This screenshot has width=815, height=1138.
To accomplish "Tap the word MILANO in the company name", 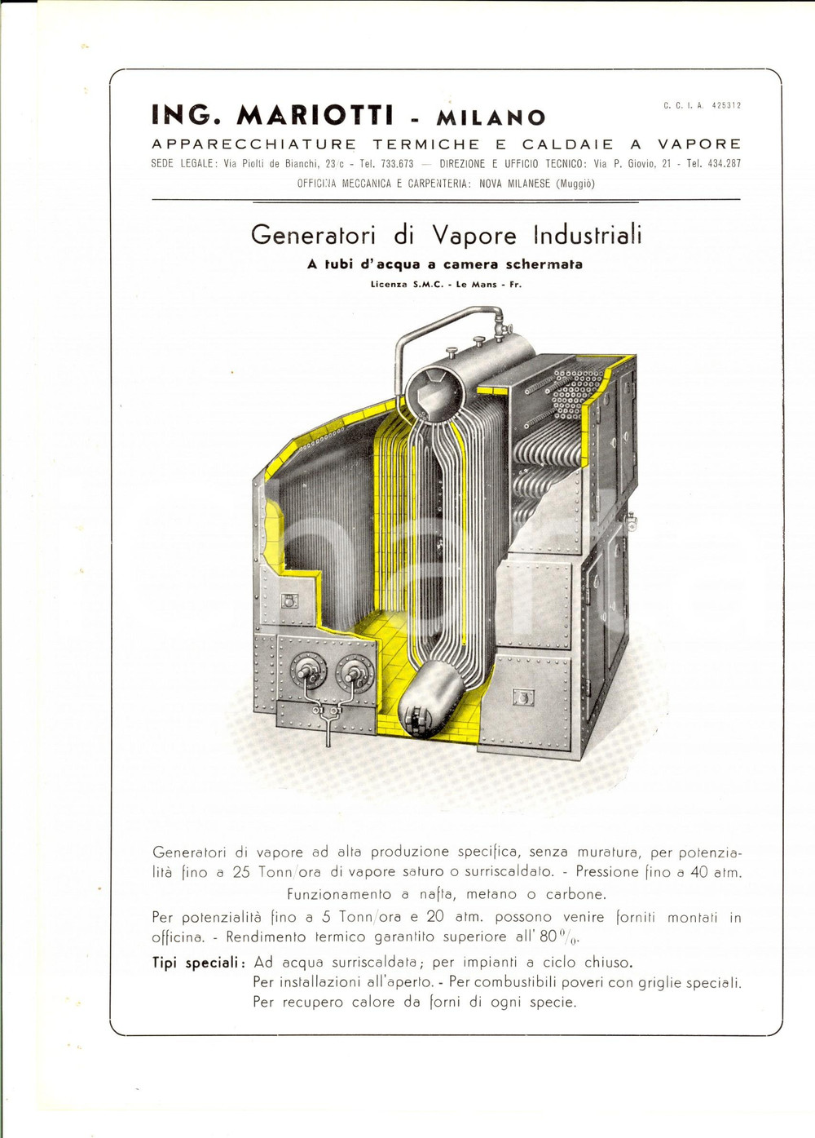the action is [491, 117].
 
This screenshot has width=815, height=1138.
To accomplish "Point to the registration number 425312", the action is [726, 105].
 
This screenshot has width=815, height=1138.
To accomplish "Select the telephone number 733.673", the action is [397, 164].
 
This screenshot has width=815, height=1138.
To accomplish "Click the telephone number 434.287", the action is [724, 164].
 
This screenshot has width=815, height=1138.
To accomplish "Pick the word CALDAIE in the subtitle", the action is [567, 144].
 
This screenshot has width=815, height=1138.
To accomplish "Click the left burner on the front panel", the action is [309, 672].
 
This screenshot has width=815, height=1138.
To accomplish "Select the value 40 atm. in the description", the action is [714, 872].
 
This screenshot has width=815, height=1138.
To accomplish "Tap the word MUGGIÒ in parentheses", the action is [575, 184].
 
